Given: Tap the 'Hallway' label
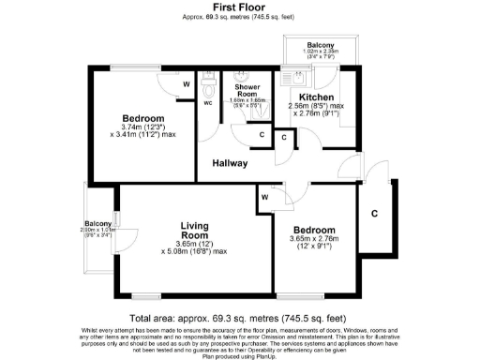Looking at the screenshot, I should pyautogui.click(x=230, y=163).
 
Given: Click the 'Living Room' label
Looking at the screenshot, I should pyautogui.click(x=193, y=231).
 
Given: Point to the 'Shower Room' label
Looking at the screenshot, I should pyautogui.click(x=247, y=90).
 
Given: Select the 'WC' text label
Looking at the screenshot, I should pyautogui.click(x=208, y=104).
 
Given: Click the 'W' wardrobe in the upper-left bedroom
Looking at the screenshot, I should pyautogui.click(x=187, y=84).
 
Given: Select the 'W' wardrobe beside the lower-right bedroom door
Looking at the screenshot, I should pyautogui.click(x=264, y=198).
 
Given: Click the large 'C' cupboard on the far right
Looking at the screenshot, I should pyautogui.click(x=374, y=215).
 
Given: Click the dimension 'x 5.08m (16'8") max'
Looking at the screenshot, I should pyautogui.click(x=194, y=251).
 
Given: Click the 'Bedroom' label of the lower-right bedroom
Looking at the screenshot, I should pyautogui.click(x=312, y=230).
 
